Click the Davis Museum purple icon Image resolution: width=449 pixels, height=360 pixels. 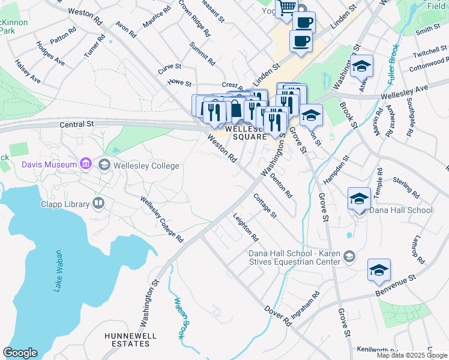pyautogui.click(x=85, y=164)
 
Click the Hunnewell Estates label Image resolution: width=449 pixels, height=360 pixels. pyautogui.click(x=127, y=339)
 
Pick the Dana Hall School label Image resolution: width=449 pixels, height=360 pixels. pyautogui.click(x=400, y=210)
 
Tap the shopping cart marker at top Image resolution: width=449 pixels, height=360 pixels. pyautogui.click(x=287, y=7)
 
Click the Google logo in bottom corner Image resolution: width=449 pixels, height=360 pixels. pyautogui.click(x=20, y=353)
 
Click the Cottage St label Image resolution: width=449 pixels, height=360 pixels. pyautogui.click(x=264, y=206)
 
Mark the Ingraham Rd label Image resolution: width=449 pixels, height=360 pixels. pyautogui.click(x=306, y=305)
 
